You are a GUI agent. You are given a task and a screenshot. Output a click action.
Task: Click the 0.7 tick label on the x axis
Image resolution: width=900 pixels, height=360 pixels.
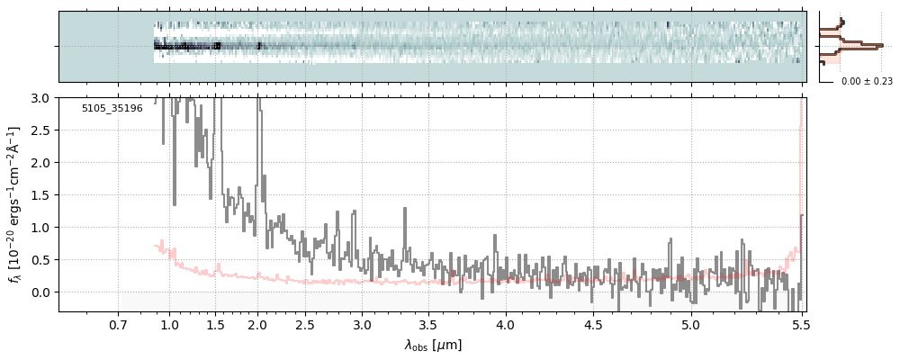(x=118, y=325)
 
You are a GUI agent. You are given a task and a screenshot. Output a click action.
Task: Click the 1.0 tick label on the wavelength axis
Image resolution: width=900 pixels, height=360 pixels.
(x=169, y=325)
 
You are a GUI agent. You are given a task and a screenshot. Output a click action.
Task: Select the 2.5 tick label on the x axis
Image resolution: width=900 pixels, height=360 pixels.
(x=305, y=325)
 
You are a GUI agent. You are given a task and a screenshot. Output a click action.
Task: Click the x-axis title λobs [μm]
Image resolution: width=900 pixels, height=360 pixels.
(x=433, y=345)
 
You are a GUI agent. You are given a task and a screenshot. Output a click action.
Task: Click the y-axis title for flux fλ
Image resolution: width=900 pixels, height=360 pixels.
(x=15, y=204)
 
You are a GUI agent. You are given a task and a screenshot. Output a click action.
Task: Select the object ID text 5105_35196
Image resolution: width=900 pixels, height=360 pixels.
(x=112, y=108)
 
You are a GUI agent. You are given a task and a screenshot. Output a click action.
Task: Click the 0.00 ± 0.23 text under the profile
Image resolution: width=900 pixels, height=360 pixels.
(x=866, y=82)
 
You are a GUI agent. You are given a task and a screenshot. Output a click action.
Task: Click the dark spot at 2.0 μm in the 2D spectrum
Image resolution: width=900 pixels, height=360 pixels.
(x=258, y=45)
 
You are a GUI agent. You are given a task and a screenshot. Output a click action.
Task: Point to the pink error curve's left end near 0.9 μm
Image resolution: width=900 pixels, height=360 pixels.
(x=156, y=245)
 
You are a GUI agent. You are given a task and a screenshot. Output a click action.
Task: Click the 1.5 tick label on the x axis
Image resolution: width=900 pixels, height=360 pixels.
(x=215, y=325)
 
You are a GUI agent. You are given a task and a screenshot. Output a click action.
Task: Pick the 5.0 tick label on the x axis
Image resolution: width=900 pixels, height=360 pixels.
(x=690, y=325)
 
